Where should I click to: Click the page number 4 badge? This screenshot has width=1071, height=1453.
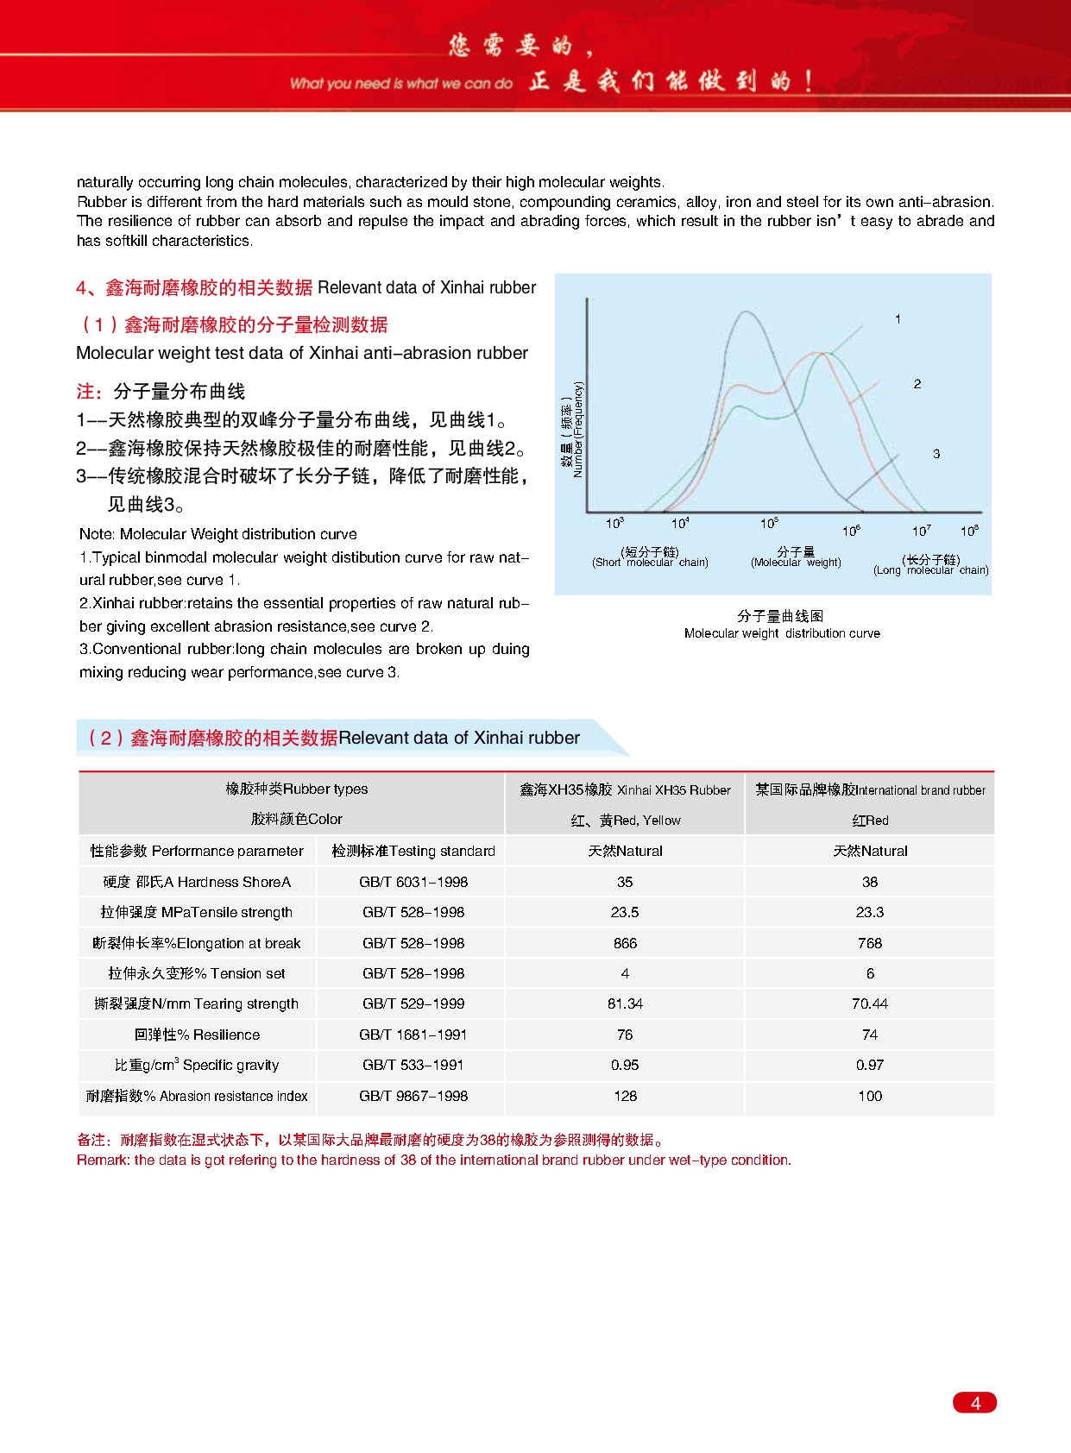coord(974,1403)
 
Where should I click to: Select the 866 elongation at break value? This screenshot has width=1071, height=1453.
coord(625,943)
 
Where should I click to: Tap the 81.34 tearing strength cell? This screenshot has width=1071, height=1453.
coord(625,1003)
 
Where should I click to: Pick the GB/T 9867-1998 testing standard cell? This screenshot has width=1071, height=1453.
coord(413,1096)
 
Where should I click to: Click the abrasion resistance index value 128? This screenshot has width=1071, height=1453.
coord(625,1096)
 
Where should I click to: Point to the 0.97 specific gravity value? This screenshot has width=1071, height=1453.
coord(870,1065)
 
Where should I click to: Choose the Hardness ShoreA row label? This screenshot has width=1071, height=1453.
coord(197,882)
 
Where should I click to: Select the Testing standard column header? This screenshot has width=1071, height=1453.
coord(413,851)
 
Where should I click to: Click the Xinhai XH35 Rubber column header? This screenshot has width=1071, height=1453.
coord(625,789)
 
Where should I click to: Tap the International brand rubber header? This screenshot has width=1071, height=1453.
coord(870,789)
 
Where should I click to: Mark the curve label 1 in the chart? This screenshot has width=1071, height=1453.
coord(898,319)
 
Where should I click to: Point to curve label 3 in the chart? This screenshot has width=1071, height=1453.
coord(936,454)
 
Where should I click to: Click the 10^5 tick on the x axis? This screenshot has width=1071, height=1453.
coord(769,524)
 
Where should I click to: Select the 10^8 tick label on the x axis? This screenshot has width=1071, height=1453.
coord(969,531)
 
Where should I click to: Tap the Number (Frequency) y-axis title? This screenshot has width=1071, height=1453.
coord(572,430)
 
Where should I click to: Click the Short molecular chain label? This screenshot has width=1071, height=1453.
coord(650,557)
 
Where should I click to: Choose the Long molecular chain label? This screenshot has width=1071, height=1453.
coord(930,565)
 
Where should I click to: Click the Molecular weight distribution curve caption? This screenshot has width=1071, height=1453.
coord(782,633)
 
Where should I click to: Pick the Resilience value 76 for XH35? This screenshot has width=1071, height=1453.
coord(625,1035)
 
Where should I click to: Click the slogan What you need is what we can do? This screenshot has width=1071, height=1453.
coord(401,84)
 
